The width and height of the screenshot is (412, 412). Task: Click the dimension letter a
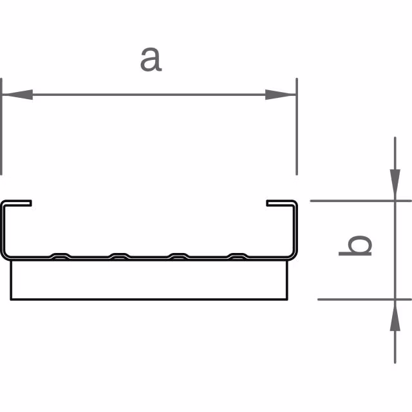(x=151, y=60)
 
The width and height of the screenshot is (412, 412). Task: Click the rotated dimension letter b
(x=355, y=245)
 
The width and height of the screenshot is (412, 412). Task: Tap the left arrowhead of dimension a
(x=17, y=95)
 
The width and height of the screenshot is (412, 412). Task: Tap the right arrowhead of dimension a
(x=281, y=95)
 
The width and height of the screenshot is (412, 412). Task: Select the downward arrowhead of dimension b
(x=395, y=185)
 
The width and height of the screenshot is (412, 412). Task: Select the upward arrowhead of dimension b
(x=395, y=315)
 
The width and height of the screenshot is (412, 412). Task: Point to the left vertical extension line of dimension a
(x=1, y=126)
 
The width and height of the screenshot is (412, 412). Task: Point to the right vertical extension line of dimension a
(x=297, y=126)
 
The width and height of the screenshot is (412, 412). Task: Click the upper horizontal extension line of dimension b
(x=360, y=201)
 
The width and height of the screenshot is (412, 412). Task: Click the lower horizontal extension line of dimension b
(x=364, y=299)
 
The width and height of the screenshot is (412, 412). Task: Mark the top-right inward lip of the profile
(x=280, y=203)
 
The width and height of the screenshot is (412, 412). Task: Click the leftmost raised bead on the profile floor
(x=61, y=256)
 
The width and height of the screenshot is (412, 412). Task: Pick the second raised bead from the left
(x=120, y=256)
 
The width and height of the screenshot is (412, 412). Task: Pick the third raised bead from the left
(x=179, y=256)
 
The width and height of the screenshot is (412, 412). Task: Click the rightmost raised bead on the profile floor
(x=238, y=256)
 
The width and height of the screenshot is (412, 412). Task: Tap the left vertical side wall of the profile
(x=3, y=229)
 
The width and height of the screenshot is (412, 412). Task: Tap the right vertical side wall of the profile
(x=295, y=229)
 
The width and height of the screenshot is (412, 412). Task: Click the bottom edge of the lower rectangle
(x=149, y=299)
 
